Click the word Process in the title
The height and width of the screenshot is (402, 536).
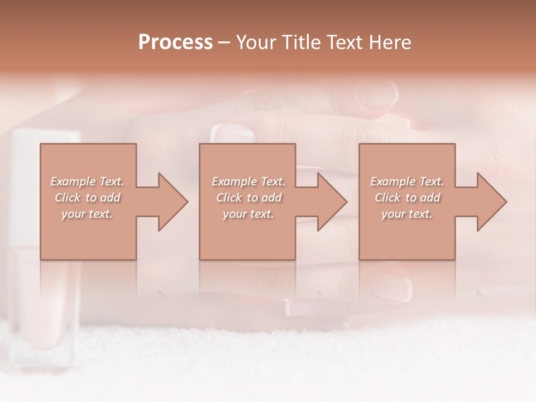175,42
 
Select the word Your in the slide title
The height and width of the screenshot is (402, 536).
256,42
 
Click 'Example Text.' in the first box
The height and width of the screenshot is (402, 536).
87,181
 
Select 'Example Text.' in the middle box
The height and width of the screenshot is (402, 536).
248,181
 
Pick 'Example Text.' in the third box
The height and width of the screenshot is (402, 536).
407,181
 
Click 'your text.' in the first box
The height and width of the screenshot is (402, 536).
87,214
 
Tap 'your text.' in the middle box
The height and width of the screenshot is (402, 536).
248,214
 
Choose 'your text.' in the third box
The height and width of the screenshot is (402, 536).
407,214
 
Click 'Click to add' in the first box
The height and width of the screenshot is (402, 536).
87,198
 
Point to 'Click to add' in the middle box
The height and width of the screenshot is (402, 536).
248,198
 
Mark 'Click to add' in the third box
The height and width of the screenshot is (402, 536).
407,198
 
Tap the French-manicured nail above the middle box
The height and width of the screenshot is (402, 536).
232,133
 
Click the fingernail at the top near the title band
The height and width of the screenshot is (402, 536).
376,94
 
